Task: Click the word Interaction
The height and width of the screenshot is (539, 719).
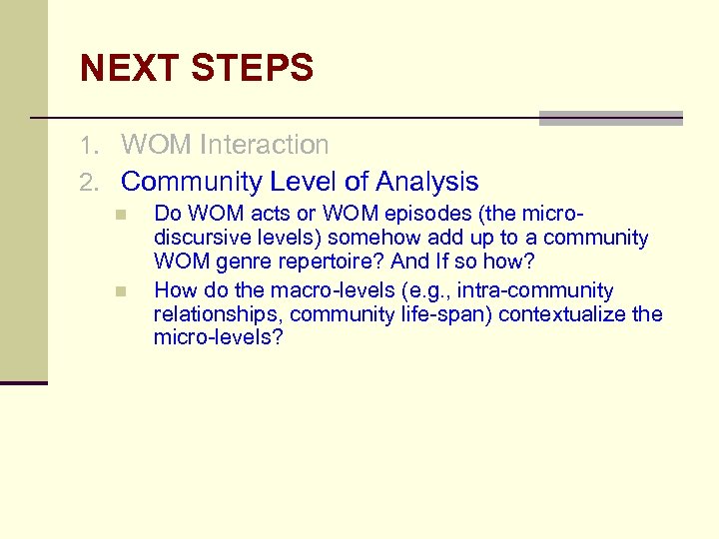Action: click(264, 146)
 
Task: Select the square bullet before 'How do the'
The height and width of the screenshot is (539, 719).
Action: click(120, 291)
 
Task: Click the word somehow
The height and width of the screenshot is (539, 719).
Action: click(366, 239)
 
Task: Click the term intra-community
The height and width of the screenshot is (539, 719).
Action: click(535, 290)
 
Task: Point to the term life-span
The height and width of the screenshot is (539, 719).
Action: click(446, 314)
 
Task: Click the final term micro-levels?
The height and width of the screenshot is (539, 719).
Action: click(219, 338)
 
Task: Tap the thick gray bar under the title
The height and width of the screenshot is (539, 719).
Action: click(610, 119)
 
